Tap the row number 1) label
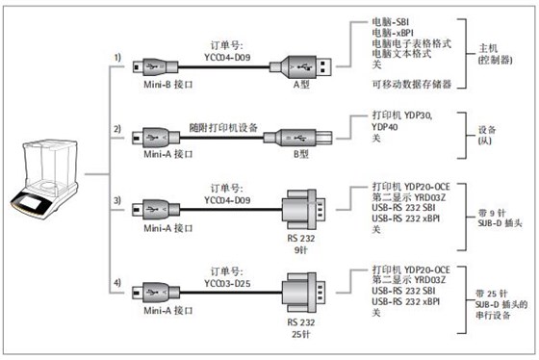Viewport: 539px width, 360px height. point(117,58)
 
